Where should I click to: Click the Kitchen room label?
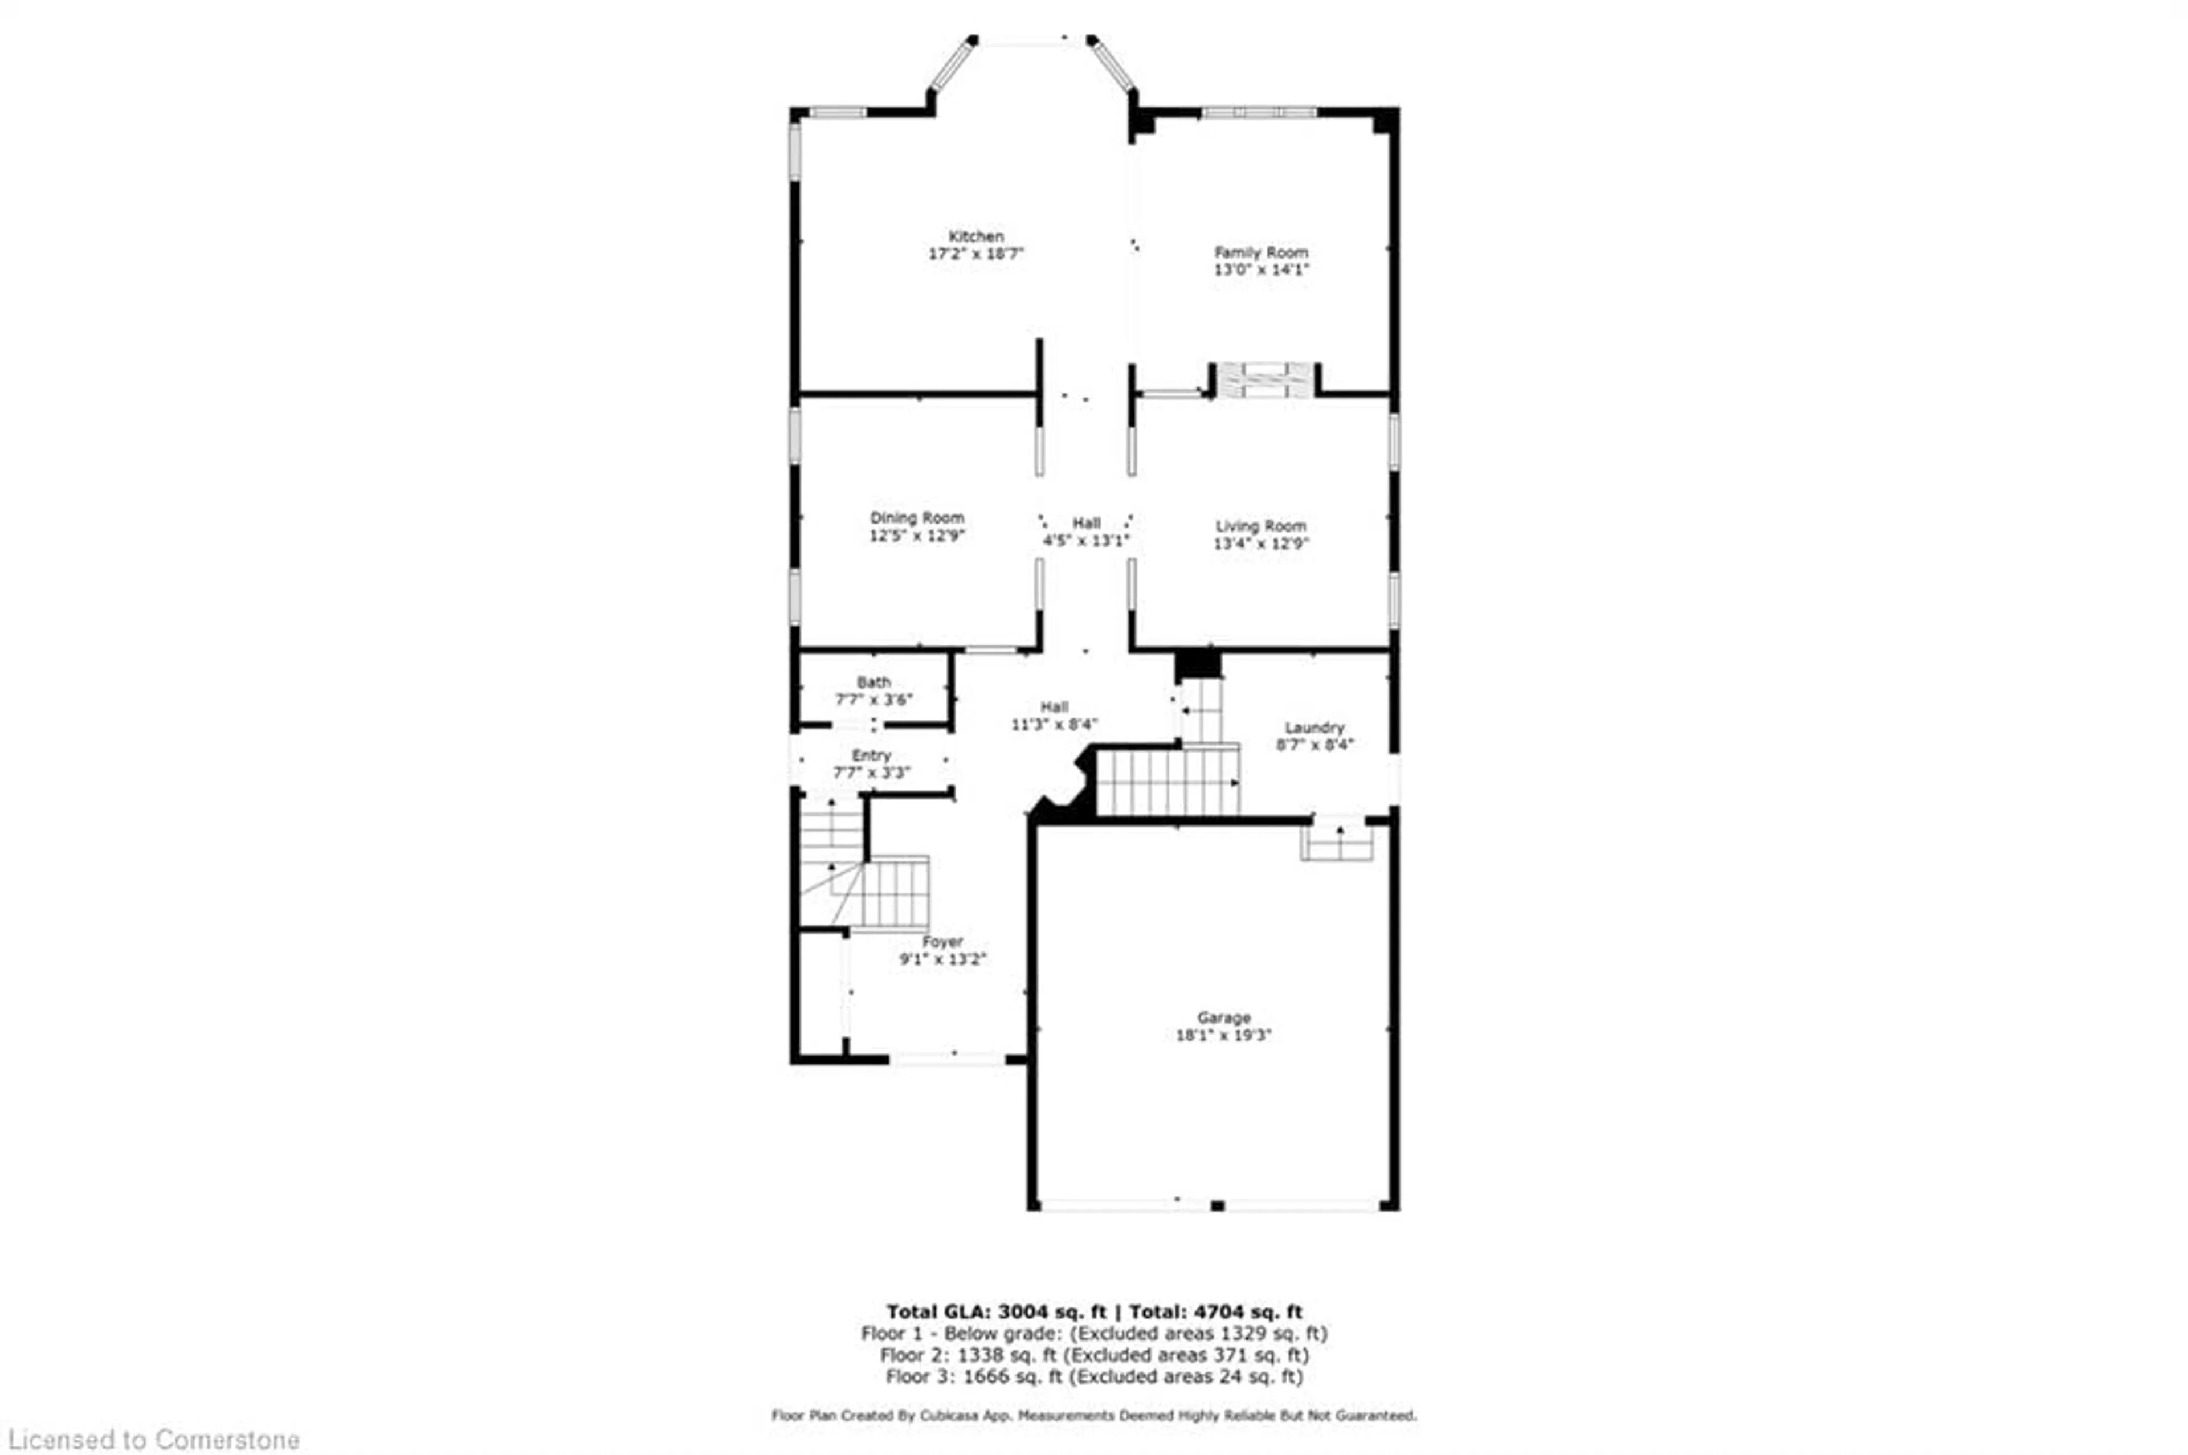pos(975,236)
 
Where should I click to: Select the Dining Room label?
pos(917,518)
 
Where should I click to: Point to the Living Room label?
pos(1261,526)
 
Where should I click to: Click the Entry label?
pos(871,755)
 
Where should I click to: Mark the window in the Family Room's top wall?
pos(1258,113)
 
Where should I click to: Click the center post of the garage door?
pos(1218,1206)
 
